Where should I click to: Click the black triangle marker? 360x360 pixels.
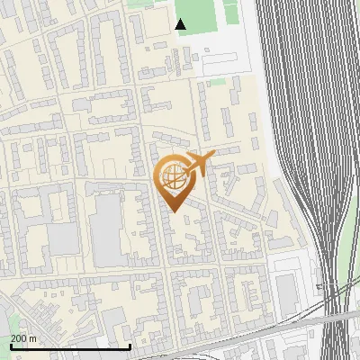pos(181,24)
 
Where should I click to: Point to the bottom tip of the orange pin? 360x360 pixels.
pos(175,211)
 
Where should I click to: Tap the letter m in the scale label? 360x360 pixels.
pos(32,337)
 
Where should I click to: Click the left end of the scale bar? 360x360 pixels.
pos(10,346)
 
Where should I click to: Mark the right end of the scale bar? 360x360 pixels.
pos(130,346)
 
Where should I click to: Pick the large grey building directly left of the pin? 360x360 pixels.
pos(107,229)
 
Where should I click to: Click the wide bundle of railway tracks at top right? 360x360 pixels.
pos(306,72)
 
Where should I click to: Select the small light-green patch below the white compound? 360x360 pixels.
pos(217,82)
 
